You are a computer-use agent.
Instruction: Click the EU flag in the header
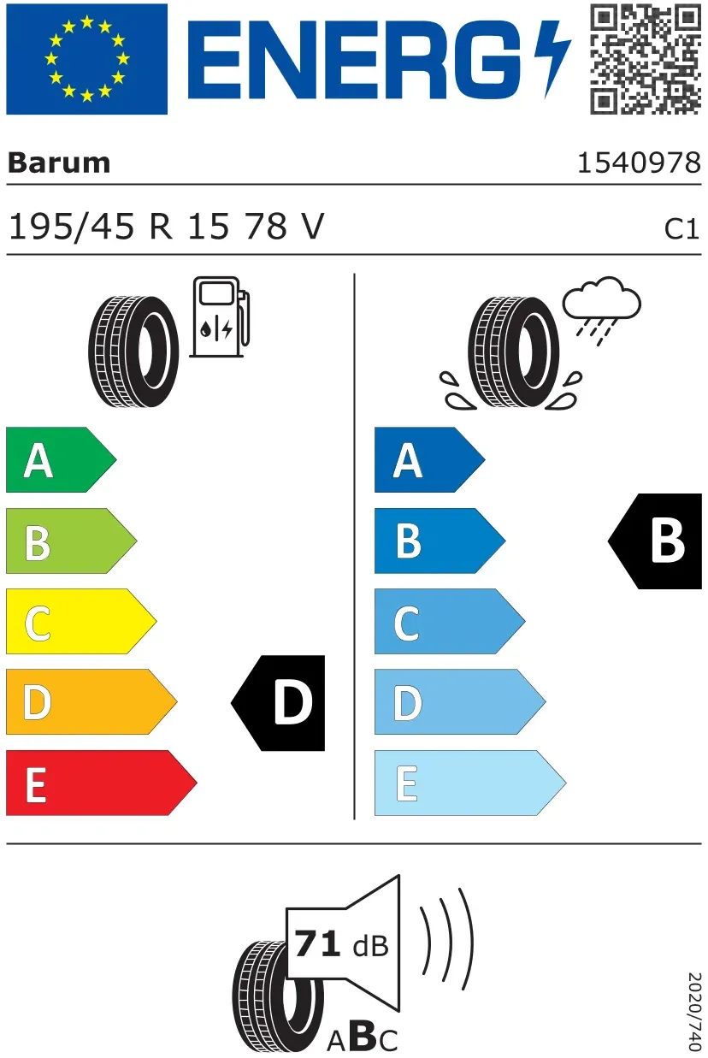click(87, 59)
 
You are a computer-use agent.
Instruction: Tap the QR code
click(646, 59)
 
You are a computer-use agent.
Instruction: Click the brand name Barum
click(59, 163)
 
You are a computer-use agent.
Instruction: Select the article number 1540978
click(639, 163)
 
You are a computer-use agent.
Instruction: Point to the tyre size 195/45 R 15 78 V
click(167, 227)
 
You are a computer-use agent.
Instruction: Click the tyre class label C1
click(681, 229)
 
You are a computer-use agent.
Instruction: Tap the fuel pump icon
click(220, 317)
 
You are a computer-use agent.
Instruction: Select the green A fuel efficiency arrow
click(62, 459)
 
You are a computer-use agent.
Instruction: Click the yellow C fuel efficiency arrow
click(81, 621)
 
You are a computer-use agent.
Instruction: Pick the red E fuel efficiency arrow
click(102, 783)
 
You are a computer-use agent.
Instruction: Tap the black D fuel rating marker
click(278, 703)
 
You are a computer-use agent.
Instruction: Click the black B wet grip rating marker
click(655, 541)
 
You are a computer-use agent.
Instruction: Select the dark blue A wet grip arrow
click(430, 459)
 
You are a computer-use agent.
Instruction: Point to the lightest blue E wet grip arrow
click(470, 783)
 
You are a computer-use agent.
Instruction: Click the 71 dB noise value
click(341, 944)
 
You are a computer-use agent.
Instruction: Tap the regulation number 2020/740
click(694, 1012)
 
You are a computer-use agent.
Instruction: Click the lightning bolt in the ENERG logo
click(552, 59)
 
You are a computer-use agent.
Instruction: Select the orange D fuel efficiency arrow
click(91, 702)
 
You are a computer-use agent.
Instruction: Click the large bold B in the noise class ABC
click(363, 1035)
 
